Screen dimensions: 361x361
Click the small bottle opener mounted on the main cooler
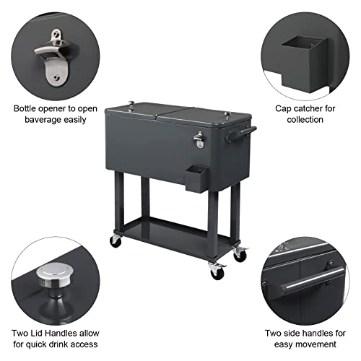[199, 140]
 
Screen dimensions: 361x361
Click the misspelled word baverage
[39, 120]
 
